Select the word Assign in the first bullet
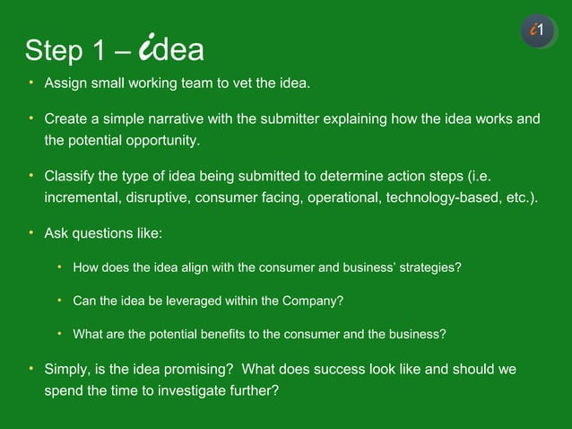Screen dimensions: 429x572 (65, 83)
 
